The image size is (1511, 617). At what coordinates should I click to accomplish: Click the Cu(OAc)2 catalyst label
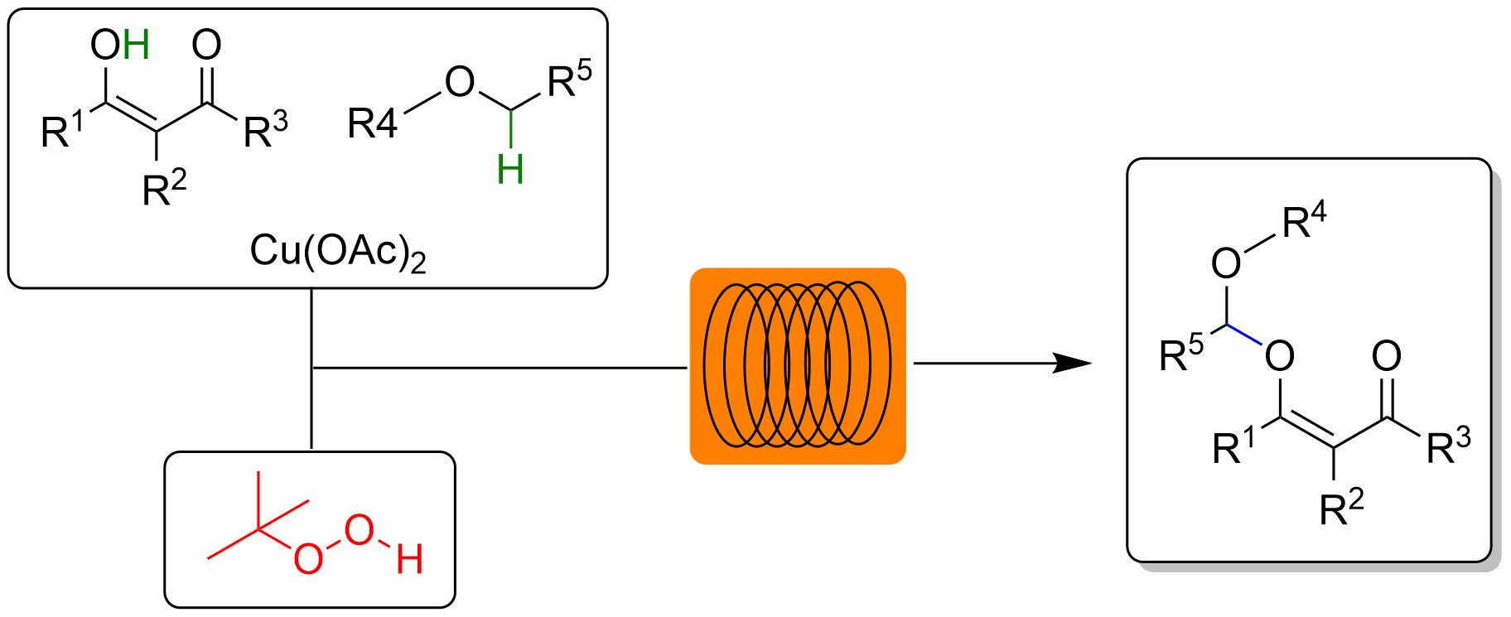point(338,251)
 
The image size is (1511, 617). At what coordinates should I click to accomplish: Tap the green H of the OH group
point(136,45)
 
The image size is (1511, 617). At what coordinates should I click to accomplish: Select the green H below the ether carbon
point(510,170)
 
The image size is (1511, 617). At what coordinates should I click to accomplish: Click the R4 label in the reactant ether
point(372,124)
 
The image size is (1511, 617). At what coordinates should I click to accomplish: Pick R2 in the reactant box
point(164,189)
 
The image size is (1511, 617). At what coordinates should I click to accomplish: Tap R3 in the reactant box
point(265,131)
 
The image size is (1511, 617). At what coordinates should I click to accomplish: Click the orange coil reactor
point(798,365)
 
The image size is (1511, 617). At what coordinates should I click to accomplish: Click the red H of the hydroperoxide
point(410,560)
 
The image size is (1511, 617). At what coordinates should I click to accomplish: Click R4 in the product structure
point(1304,221)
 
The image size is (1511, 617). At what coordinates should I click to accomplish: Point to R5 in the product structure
point(1180,355)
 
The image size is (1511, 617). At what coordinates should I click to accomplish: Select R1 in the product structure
point(1233,447)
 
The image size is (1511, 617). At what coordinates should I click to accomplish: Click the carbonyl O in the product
point(1387,356)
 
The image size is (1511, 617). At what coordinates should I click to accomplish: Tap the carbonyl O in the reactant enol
point(207,45)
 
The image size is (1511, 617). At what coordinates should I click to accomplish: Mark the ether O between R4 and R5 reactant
point(460,82)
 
